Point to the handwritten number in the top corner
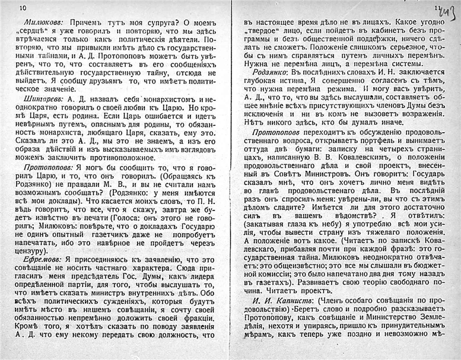(449, 7)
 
